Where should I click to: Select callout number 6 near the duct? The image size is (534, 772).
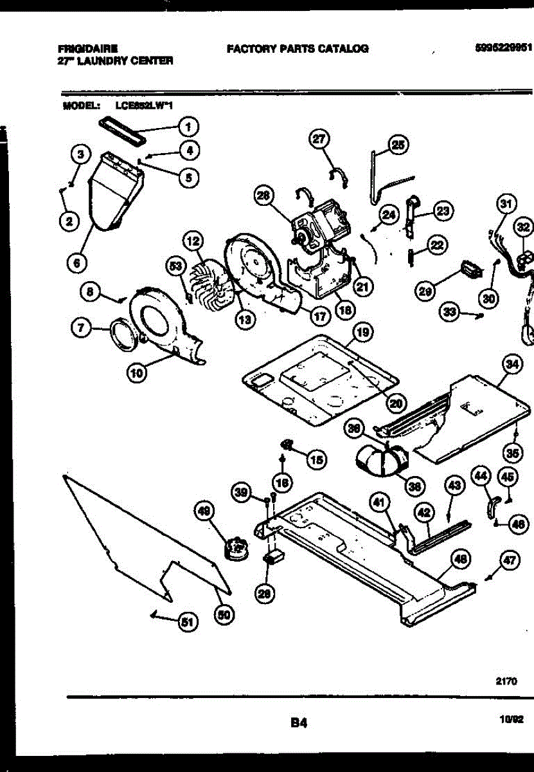pyautogui.click(x=76, y=262)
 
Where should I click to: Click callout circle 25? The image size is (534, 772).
pyautogui.click(x=398, y=145)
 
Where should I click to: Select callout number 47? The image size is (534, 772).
pyautogui.click(x=509, y=561)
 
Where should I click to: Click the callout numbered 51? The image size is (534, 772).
pyautogui.click(x=186, y=621)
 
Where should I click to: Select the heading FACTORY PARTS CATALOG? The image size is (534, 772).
pyautogui.click(x=298, y=48)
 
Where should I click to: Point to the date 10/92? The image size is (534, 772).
pyautogui.click(x=512, y=722)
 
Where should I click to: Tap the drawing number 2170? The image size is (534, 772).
pyautogui.click(x=506, y=678)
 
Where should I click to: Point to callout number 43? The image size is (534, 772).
pyautogui.click(x=454, y=487)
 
